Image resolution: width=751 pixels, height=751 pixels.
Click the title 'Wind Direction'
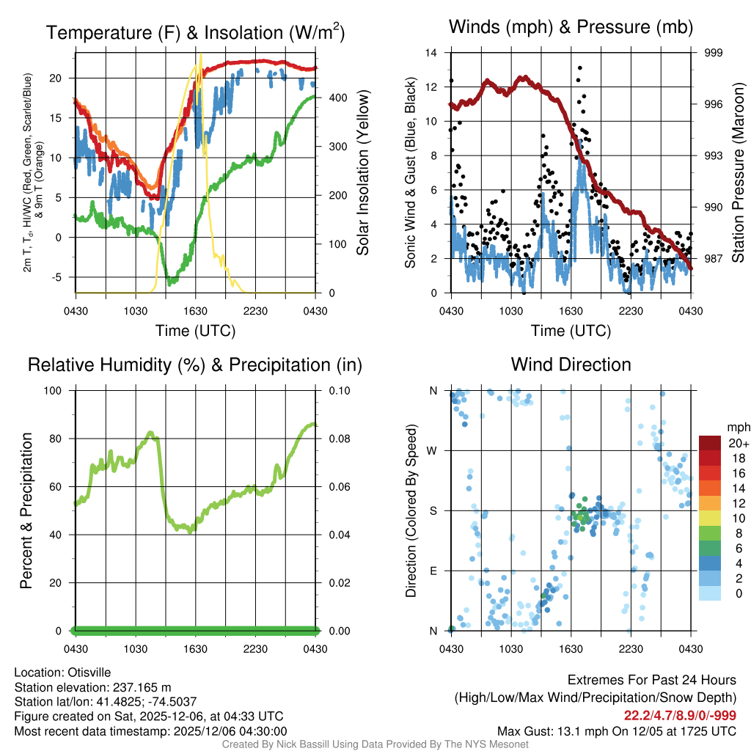(x=571, y=364)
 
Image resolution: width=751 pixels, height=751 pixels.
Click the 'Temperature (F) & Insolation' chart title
(x=195, y=33)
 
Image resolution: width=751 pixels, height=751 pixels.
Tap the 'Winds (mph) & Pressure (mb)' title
(x=571, y=28)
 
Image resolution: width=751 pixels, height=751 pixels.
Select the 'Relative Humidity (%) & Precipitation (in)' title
(x=194, y=364)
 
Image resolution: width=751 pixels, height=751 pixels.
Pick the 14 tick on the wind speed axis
(x=431, y=53)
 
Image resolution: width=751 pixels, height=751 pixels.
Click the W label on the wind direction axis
(x=433, y=450)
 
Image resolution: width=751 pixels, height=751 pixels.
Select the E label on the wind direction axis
(x=433, y=571)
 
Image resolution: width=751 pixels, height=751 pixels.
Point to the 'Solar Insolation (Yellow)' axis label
(x=363, y=173)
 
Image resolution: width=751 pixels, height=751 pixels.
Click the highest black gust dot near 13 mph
(x=579, y=67)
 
